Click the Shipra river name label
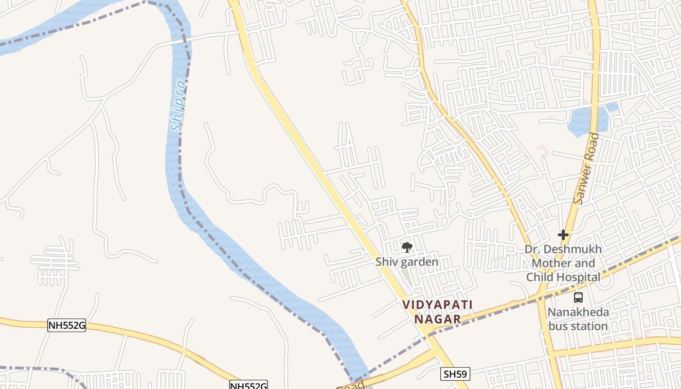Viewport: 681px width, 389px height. click(x=179, y=106)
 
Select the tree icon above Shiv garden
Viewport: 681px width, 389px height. click(x=407, y=248)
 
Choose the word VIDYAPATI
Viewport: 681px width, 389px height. click(x=437, y=305)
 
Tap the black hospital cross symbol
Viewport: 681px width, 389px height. click(x=563, y=235)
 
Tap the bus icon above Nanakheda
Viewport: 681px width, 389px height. click(x=578, y=298)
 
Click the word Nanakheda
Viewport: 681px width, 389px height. click(x=578, y=312)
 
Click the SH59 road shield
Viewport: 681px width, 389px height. click(x=455, y=374)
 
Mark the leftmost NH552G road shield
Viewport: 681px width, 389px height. click(x=67, y=325)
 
